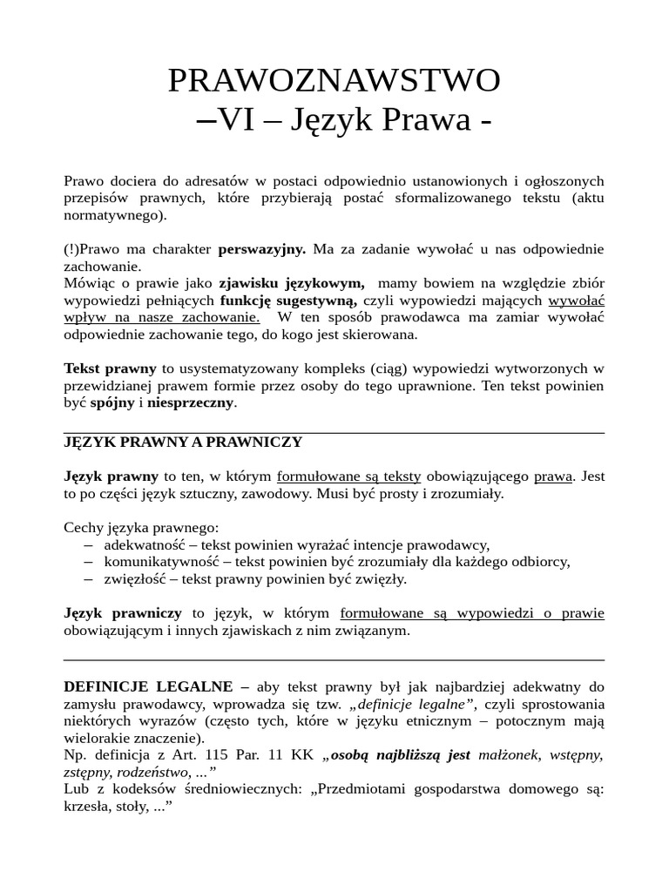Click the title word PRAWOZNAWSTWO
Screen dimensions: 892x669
334,81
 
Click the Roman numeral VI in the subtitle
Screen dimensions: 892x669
238,121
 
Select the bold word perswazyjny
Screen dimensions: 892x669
261,249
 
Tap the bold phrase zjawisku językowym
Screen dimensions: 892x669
292,283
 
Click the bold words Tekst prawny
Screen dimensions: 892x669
110,368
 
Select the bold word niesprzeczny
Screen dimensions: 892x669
191,402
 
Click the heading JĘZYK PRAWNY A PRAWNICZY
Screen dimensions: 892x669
183,442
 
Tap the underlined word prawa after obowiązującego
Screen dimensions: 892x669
553,476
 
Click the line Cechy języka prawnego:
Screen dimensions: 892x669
142,527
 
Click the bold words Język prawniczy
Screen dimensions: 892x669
123,613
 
